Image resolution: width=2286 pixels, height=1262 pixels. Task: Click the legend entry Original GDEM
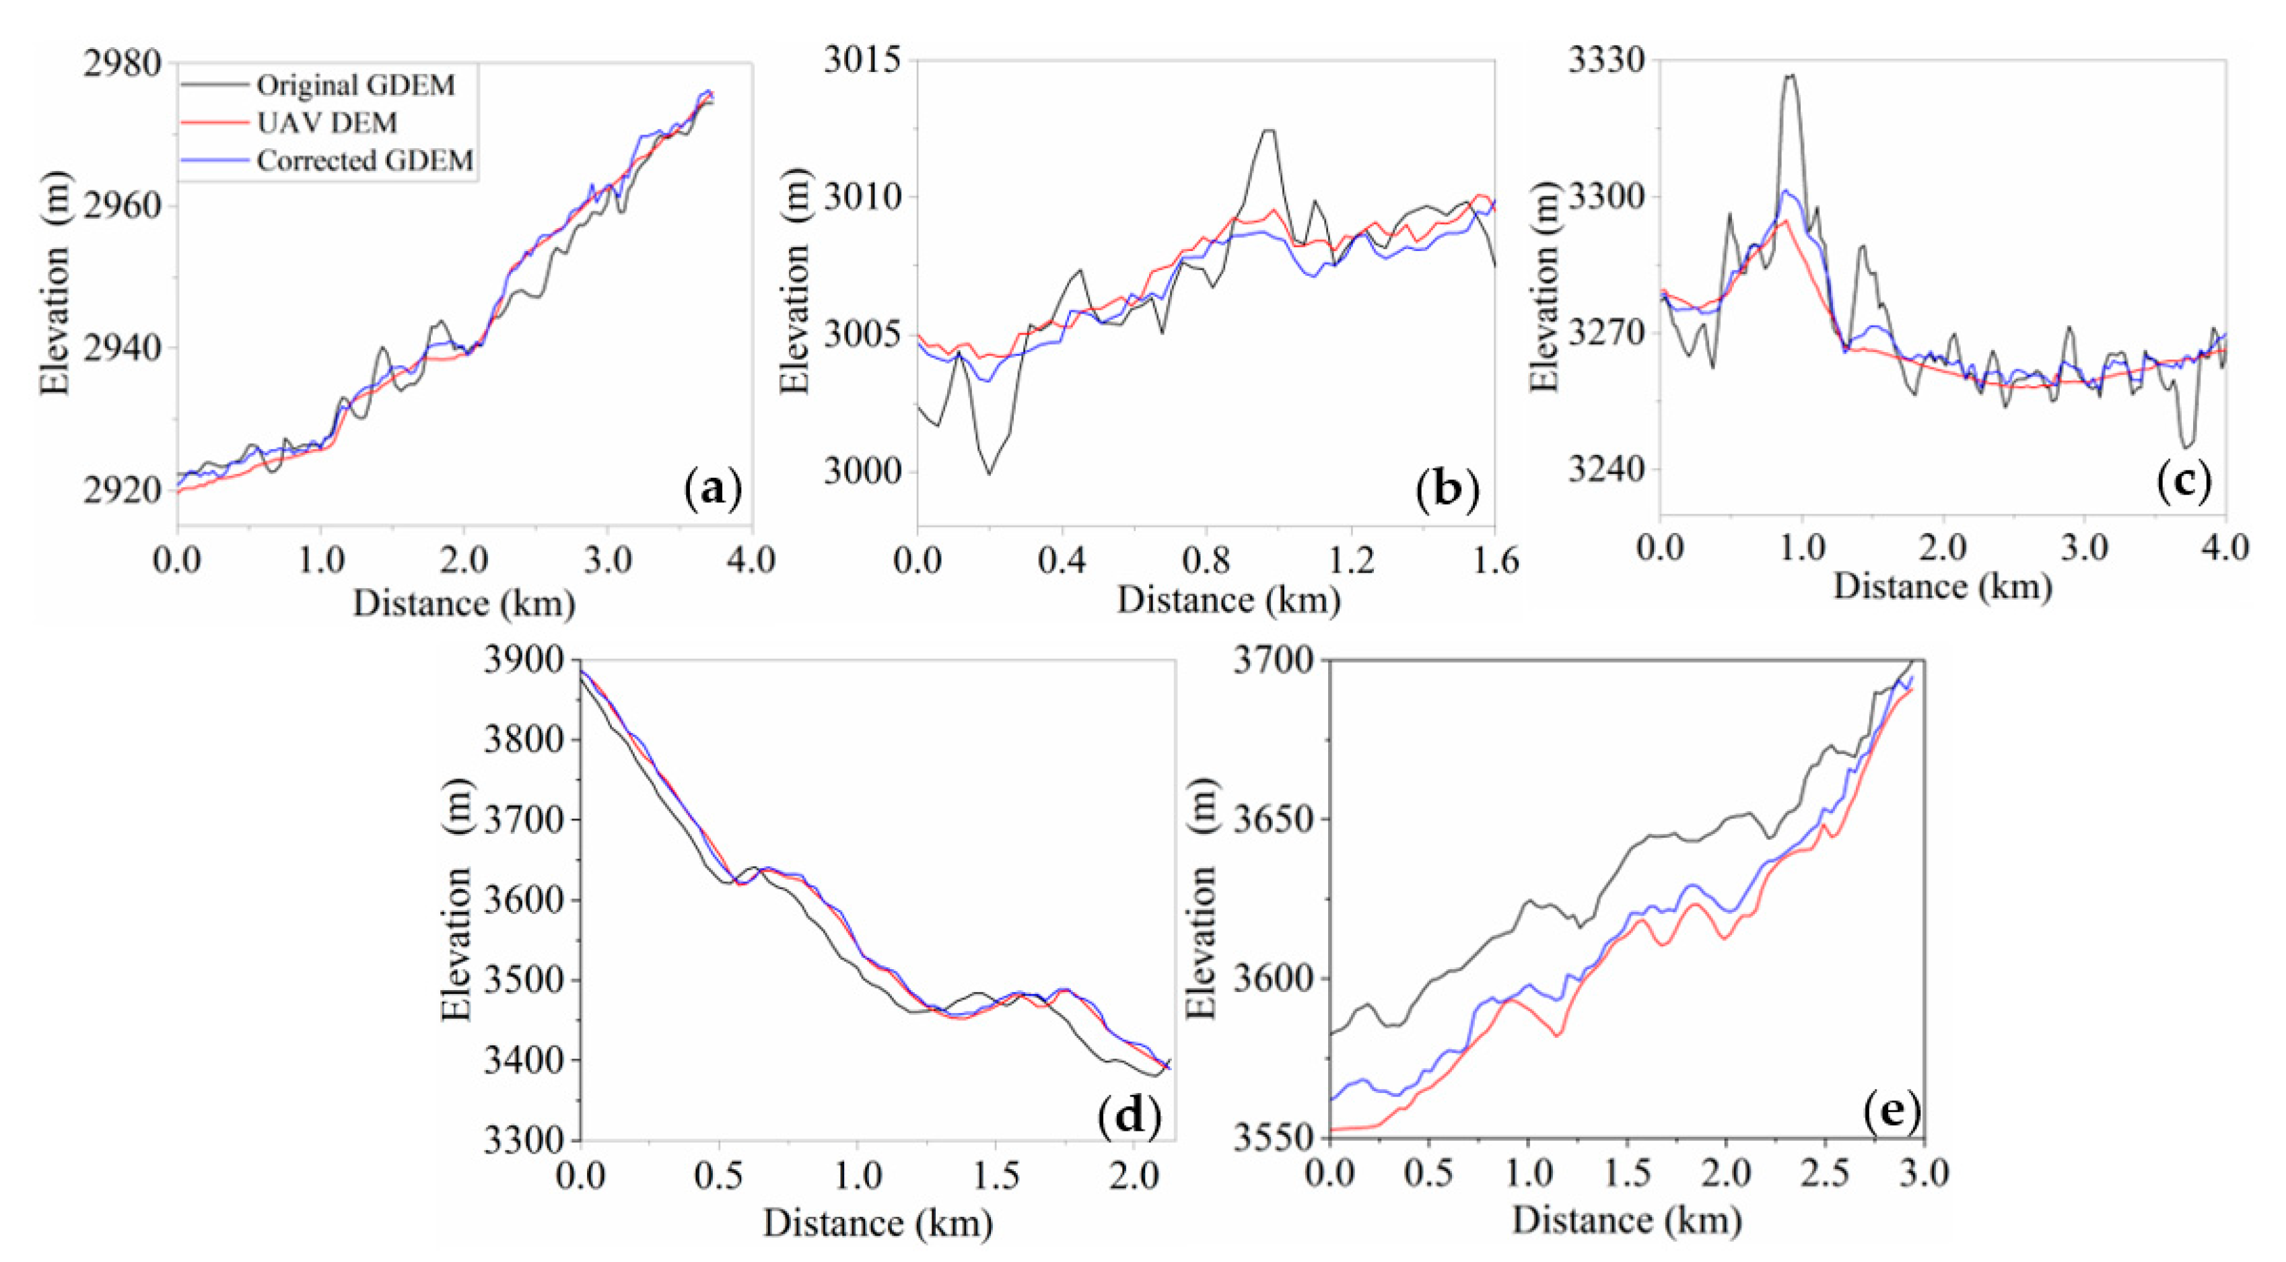(x=355, y=85)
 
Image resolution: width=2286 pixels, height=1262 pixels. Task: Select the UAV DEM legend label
(x=326, y=122)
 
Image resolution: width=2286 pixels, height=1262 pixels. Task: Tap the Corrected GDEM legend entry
(x=365, y=161)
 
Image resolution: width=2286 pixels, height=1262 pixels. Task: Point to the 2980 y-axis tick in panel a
(x=123, y=64)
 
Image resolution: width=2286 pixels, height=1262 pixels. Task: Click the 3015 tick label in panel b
(x=862, y=61)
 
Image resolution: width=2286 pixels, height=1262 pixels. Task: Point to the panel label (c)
(x=2183, y=480)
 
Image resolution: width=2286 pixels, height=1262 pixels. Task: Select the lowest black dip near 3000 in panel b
(x=990, y=474)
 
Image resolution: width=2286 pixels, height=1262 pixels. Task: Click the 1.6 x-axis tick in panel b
(x=1494, y=561)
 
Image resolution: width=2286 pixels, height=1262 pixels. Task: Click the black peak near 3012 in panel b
(x=1269, y=131)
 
